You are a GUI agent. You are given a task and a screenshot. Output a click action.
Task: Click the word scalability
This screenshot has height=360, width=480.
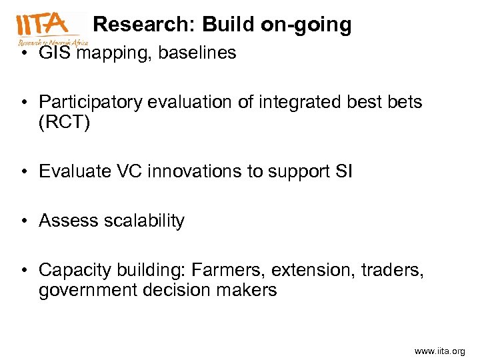click(144, 221)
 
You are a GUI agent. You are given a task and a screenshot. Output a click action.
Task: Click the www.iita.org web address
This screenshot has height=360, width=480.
click(439, 351)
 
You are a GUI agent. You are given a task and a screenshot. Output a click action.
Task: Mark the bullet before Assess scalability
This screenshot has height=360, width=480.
click(24, 221)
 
